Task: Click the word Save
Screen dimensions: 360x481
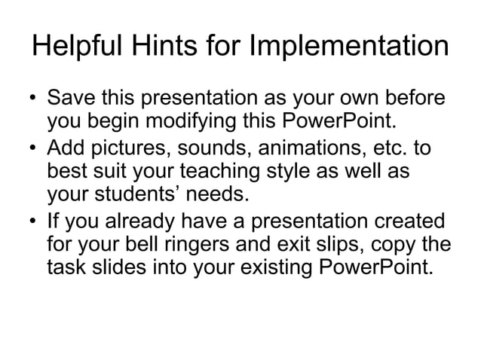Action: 71,99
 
